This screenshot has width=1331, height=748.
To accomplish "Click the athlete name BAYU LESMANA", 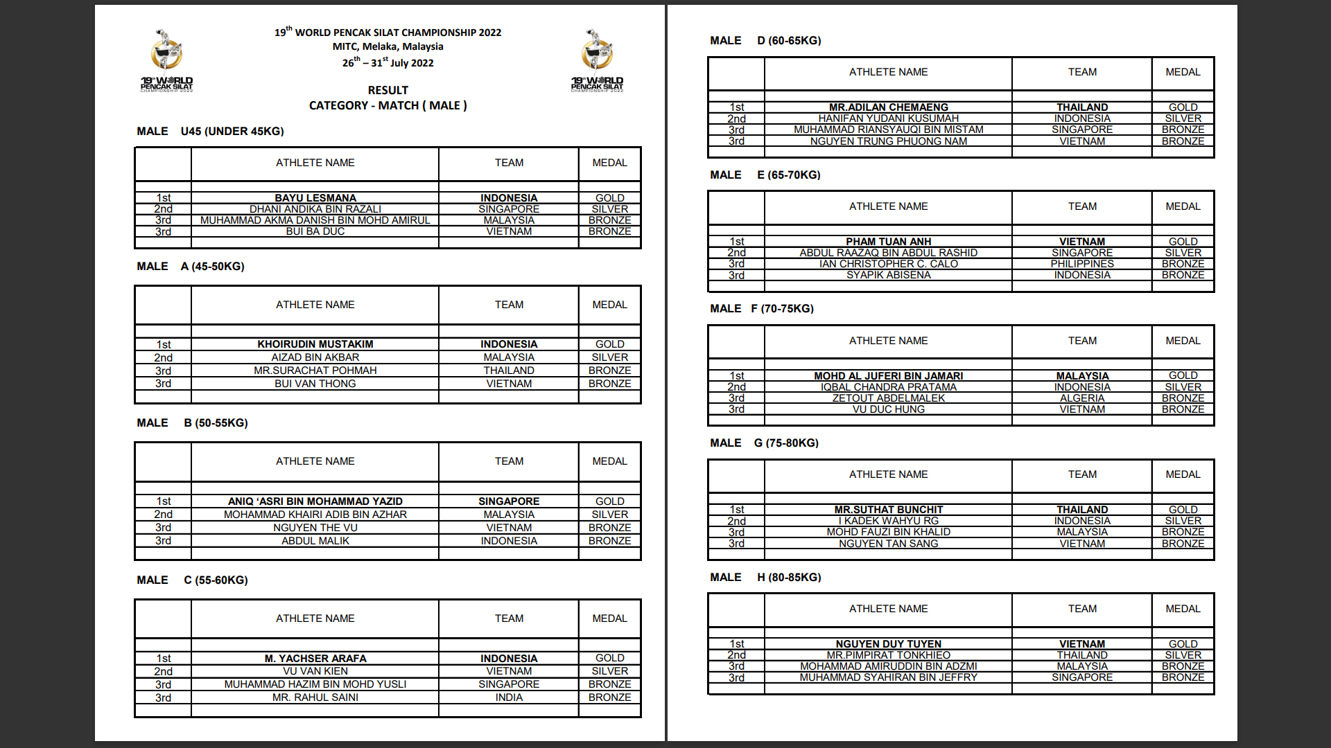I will click(315, 198).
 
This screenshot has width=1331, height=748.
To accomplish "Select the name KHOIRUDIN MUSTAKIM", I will click(315, 344).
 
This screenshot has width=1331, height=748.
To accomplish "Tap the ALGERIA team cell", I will click(1081, 398).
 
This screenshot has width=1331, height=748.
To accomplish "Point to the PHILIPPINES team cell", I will click(1081, 264).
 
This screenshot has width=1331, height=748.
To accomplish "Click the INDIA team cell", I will click(509, 697).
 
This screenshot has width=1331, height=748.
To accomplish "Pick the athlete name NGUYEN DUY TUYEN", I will click(888, 644).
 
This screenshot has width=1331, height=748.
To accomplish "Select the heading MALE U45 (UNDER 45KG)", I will click(210, 132).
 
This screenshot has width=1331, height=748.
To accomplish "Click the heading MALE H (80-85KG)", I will click(765, 578).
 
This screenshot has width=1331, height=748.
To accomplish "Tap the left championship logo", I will click(167, 61).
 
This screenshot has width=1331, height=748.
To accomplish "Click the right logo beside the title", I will click(597, 61).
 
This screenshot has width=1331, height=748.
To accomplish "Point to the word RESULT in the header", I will click(388, 91).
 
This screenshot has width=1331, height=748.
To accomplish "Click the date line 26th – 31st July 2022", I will click(388, 62).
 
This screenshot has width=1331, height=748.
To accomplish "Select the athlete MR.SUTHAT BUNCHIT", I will click(888, 510).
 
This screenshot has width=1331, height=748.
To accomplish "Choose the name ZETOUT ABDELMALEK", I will click(888, 398).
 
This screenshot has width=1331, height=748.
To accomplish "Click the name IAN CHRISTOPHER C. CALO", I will click(888, 264).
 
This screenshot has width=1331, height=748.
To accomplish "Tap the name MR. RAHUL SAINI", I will click(315, 697).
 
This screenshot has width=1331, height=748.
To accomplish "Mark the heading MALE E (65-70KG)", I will click(765, 175).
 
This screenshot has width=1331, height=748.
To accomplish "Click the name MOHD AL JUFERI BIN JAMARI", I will click(888, 376).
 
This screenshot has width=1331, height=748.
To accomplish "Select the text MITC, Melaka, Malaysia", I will click(388, 46).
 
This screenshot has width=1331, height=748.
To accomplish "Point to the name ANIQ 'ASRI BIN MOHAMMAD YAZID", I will click(315, 501).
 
